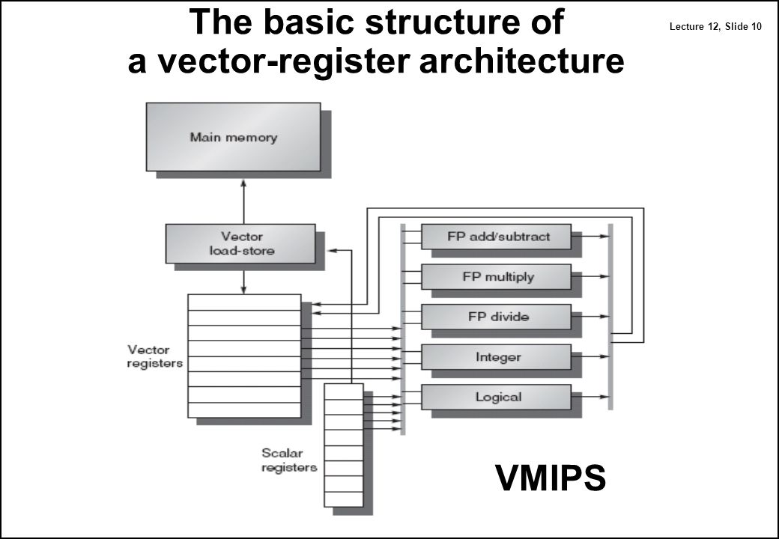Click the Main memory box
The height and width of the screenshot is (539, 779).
click(233, 137)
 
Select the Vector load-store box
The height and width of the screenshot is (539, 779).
click(240, 243)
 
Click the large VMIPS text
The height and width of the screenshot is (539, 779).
click(550, 478)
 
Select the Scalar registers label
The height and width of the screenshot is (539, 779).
click(288, 460)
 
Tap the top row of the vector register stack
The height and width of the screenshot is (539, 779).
click(243, 302)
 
